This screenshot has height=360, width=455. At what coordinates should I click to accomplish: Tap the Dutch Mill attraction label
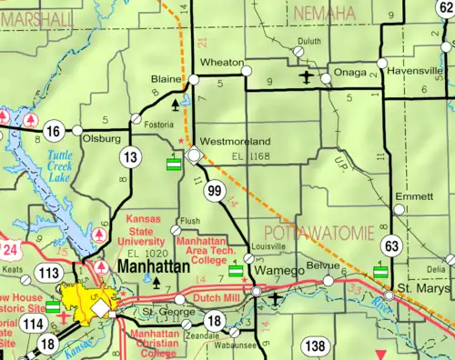[x=217, y=295]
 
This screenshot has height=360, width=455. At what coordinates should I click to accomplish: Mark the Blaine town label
[x=166, y=79]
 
